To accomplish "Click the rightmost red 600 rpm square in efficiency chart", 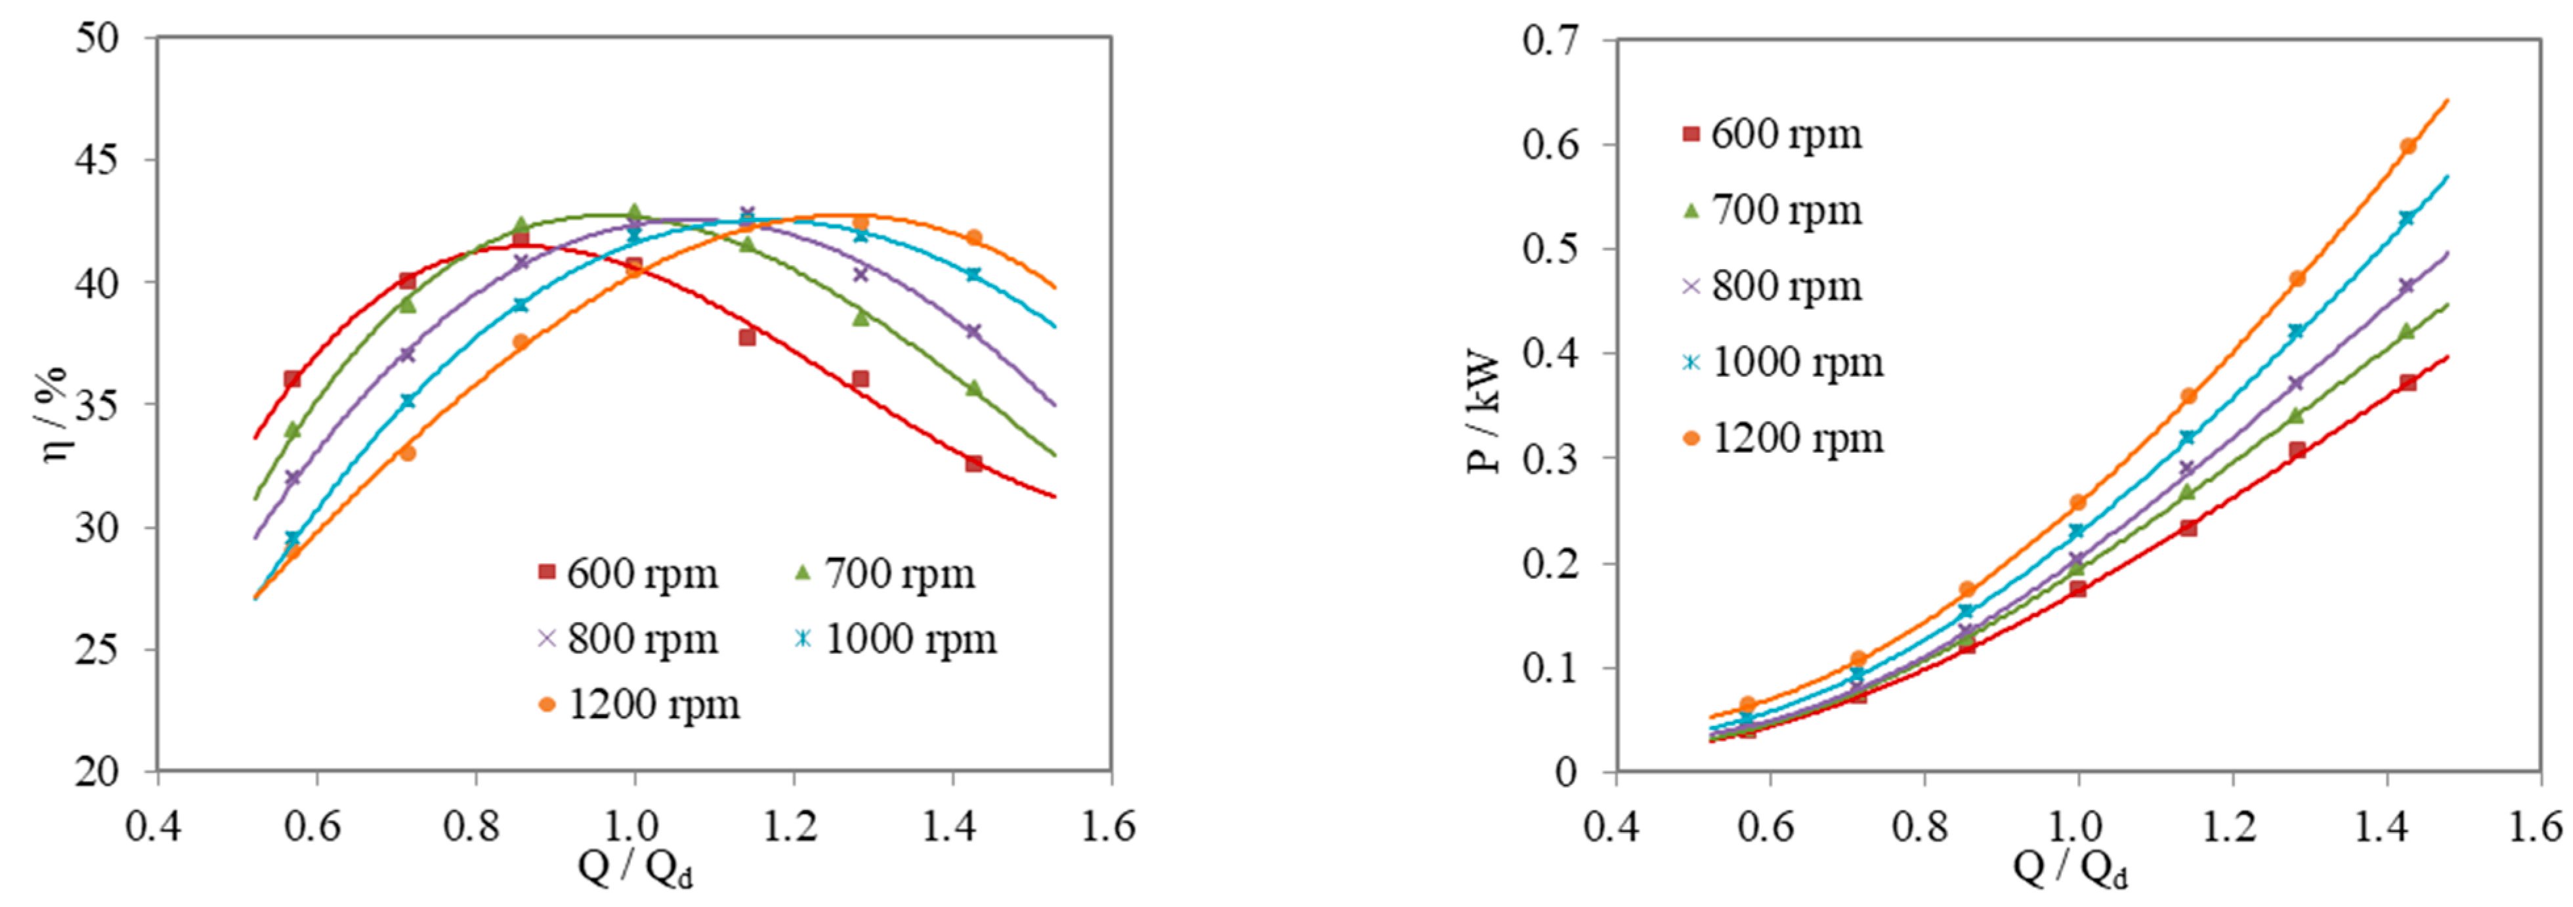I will (974, 463).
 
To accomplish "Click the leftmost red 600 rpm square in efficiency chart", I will (291, 379).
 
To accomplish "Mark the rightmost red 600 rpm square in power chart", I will (2407, 383).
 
